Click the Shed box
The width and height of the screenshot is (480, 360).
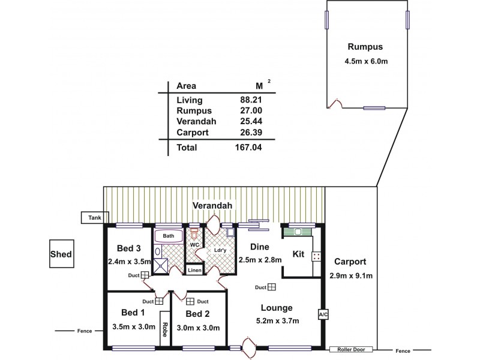click(61, 254)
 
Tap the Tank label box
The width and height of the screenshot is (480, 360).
click(94, 218)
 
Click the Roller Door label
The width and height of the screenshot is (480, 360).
click(351, 349)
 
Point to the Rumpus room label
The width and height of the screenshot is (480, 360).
click(365, 47)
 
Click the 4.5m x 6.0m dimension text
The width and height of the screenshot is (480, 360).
click(365, 61)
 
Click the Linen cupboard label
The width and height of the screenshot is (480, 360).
click(194, 271)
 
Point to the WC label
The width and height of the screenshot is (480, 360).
click(194, 245)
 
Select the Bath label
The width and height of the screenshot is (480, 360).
click(169, 236)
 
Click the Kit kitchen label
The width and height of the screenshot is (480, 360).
click(298, 254)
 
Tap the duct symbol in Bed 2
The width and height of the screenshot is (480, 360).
click(190, 302)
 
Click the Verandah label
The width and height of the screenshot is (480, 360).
click(212, 206)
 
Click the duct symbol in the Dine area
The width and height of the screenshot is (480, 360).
click(272, 287)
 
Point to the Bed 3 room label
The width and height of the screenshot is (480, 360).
click(129, 248)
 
